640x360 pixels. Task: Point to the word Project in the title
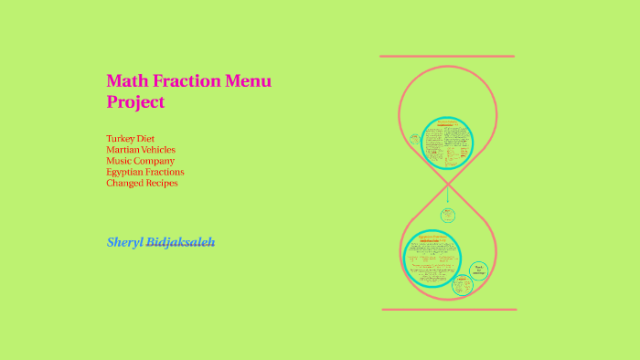coord(135,101)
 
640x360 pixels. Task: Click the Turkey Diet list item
coord(130,139)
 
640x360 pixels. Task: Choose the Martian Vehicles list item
coord(141,150)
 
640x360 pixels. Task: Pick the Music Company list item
coord(140,161)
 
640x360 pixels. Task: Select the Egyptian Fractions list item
coord(144,172)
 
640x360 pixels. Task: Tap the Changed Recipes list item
coord(142,183)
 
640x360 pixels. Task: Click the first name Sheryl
coord(124,242)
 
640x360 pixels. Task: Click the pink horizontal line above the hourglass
coord(447,57)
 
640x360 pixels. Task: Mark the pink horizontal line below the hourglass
coord(449,310)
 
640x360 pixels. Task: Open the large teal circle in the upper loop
coord(447,143)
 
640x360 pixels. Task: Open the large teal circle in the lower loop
coord(432,259)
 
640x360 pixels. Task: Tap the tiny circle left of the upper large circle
coord(415,140)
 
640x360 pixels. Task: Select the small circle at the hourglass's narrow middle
coord(448,216)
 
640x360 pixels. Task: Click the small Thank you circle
coord(477,270)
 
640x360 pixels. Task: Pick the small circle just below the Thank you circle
coord(464,286)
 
